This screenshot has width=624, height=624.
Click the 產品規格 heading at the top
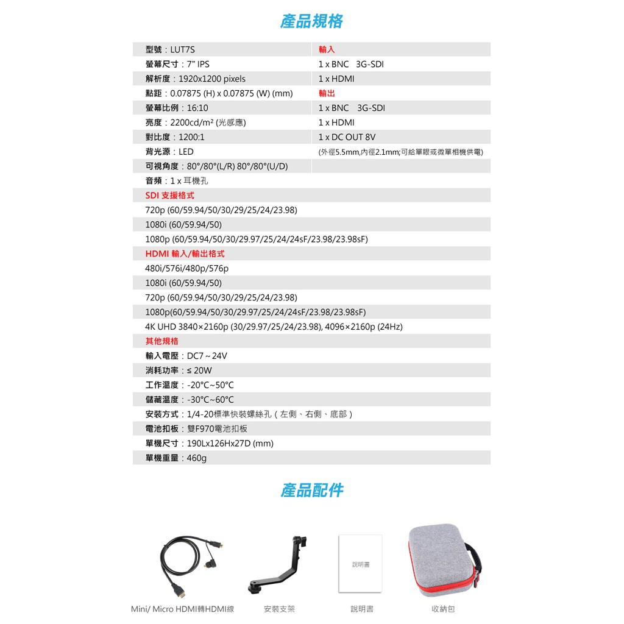pyautogui.click(x=311, y=21)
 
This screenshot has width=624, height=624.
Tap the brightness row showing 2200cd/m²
pyautogui.click(x=196, y=122)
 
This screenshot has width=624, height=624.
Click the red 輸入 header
pyautogui.click(x=327, y=50)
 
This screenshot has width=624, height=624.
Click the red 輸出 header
pyautogui.click(x=327, y=93)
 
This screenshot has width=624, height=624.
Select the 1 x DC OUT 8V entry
pyautogui.click(x=347, y=137)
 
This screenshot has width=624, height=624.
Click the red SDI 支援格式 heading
pyautogui.click(x=169, y=196)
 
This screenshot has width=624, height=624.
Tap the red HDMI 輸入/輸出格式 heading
pyautogui.click(x=185, y=253)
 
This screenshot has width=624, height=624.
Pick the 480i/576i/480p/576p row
pyautogui.click(x=186, y=269)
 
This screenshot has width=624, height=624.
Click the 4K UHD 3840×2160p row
pyautogui.click(x=274, y=327)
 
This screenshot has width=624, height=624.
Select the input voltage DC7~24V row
pyautogui.click(x=186, y=356)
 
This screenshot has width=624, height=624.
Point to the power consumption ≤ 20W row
pyautogui.click(x=179, y=370)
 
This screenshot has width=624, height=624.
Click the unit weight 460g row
pyautogui.click(x=176, y=458)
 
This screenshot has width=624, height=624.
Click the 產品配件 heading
pyautogui.click(x=311, y=490)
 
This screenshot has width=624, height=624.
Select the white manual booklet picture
pyautogui.click(x=360, y=564)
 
